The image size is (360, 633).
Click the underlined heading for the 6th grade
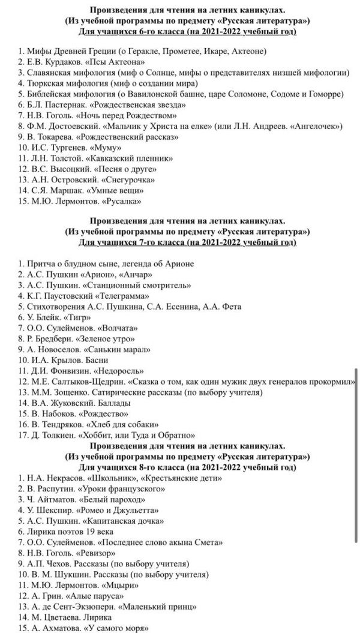[x=187, y=31]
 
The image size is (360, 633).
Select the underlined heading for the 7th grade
[x=187, y=242]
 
